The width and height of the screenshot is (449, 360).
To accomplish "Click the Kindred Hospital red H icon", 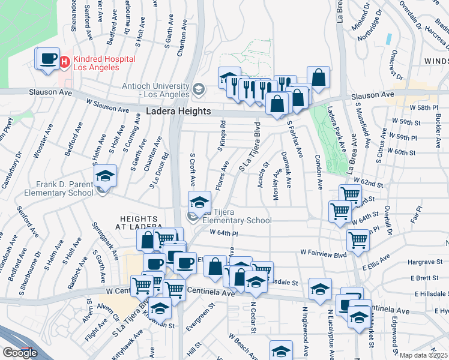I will point(64,60).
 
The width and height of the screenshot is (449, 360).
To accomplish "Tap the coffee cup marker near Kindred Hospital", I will point(47,59).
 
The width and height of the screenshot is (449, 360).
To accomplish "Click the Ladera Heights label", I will point(178,112).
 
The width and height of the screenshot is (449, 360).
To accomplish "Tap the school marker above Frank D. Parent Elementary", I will point(105,176).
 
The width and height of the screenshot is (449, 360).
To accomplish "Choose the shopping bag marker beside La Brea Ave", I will point(318,77).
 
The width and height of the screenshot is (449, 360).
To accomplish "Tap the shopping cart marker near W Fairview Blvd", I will point(358,239).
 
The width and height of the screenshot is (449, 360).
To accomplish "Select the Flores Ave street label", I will point(220,174).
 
